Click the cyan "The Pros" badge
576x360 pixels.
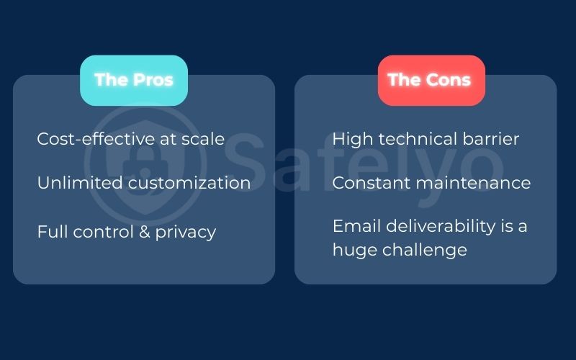[x=134, y=80]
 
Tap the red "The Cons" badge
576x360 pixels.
[x=429, y=80]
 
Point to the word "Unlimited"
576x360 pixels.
[x=80, y=183]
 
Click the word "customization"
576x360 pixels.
[x=189, y=183]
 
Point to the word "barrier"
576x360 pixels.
[x=491, y=139]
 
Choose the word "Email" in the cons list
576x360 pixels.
[x=354, y=226]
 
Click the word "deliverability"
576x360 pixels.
[x=437, y=226]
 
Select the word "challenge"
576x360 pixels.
[x=430, y=250]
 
